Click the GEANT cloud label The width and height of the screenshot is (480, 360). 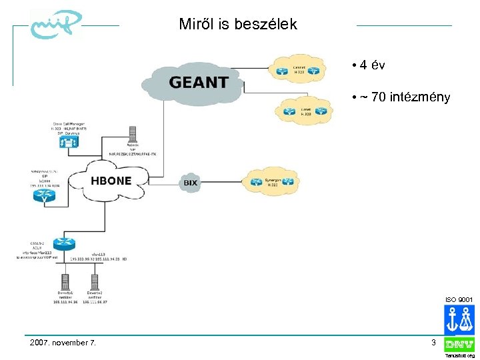[199, 83]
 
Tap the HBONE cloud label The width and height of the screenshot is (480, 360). [111, 181]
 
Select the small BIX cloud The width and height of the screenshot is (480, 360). [191, 182]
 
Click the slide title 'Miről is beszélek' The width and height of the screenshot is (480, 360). [238, 25]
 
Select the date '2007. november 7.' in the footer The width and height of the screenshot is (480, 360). [63, 343]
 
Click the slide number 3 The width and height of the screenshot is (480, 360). [433, 343]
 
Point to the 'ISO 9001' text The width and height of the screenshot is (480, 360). [459, 299]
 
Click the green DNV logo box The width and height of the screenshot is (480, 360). [459, 345]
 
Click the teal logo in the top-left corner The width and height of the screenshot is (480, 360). [54, 25]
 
